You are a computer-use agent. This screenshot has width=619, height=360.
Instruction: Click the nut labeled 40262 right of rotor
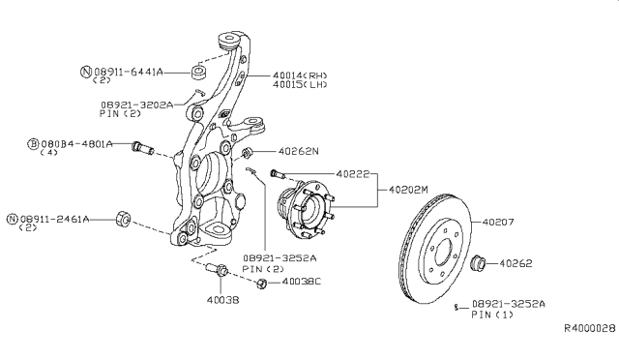tap(478, 262)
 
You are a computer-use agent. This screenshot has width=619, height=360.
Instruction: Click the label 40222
tap(353, 173)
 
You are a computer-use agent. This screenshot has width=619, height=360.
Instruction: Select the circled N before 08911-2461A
tap(12, 220)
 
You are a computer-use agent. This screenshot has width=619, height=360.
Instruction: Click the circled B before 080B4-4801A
tap(33, 143)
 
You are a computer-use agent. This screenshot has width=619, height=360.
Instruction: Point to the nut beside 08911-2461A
tap(123, 217)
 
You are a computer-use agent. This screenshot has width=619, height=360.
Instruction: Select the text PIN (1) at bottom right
tap(492, 315)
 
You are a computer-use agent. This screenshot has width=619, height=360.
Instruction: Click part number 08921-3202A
tap(135, 104)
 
